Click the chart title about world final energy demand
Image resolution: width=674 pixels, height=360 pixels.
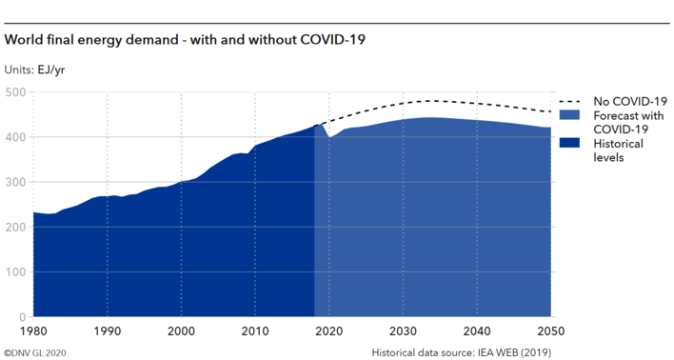(x=186, y=40)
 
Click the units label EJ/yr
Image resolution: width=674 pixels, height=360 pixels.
(x=34, y=70)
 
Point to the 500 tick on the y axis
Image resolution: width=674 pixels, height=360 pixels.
(x=16, y=92)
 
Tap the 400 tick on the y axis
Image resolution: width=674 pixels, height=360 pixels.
(x=16, y=137)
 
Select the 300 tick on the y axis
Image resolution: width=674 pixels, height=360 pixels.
(x=16, y=182)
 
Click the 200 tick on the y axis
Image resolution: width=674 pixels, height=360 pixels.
(x=16, y=227)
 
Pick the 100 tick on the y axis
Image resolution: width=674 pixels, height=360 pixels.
(x=16, y=271)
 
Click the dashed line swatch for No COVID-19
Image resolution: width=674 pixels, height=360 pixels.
(x=570, y=101)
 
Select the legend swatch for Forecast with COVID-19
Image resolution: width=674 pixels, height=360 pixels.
(x=570, y=114)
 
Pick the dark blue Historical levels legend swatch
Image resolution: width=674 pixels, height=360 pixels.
(x=570, y=143)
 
